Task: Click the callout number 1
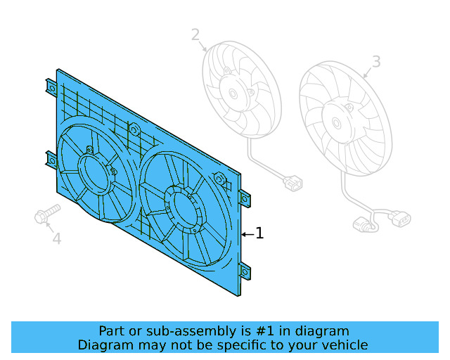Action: click(260, 233)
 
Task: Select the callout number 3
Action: click(376, 62)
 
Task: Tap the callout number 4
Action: click(57, 239)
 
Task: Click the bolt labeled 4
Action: click(46, 214)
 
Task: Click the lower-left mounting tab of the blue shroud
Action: click(51, 160)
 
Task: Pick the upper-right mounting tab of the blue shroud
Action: click(244, 198)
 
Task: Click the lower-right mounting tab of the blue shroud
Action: click(244, 270)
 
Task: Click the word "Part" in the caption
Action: click(112, 331)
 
